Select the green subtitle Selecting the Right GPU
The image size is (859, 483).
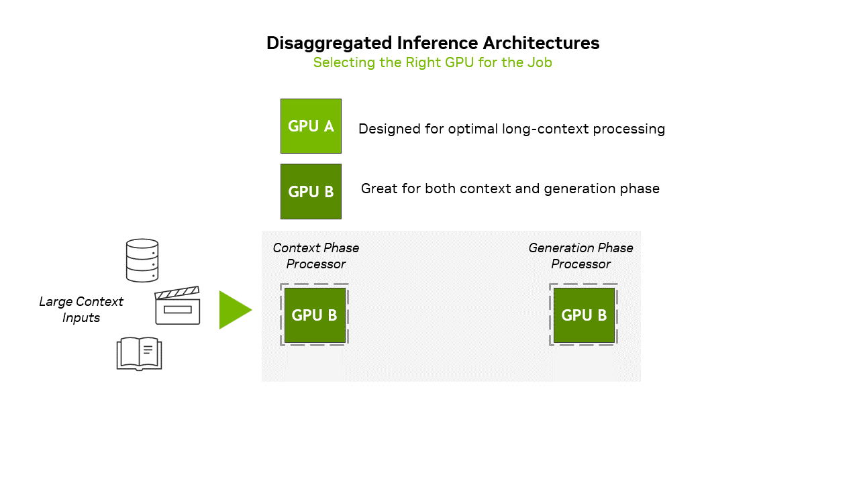(x=432, y=62)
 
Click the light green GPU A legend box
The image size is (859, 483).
(x=311, y=126)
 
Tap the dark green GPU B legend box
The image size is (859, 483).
(x=311, y=191)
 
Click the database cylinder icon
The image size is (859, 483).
(x=142, y=260)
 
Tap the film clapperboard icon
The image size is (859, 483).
(x=177, y=306)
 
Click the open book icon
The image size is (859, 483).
(x=140, y=354)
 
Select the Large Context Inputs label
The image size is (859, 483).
(x=81, y=309)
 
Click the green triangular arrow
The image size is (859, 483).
(x=234, y=310)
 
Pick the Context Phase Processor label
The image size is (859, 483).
(x=315, y=256)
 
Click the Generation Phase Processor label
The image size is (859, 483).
(x=580, y=256)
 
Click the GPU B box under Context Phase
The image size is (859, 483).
(x=315, y=315)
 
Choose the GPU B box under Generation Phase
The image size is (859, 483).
(x=584, y=315)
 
